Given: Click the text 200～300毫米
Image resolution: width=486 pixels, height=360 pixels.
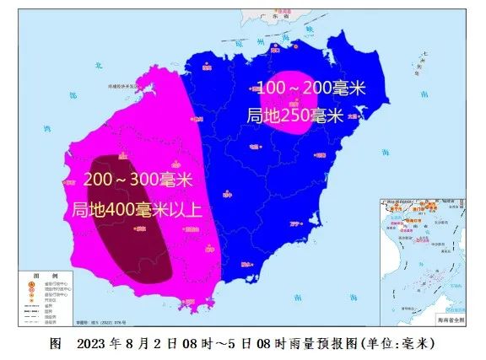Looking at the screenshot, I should (138, 180).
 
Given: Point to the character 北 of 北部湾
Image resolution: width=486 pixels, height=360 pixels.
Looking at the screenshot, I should (99, 65).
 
